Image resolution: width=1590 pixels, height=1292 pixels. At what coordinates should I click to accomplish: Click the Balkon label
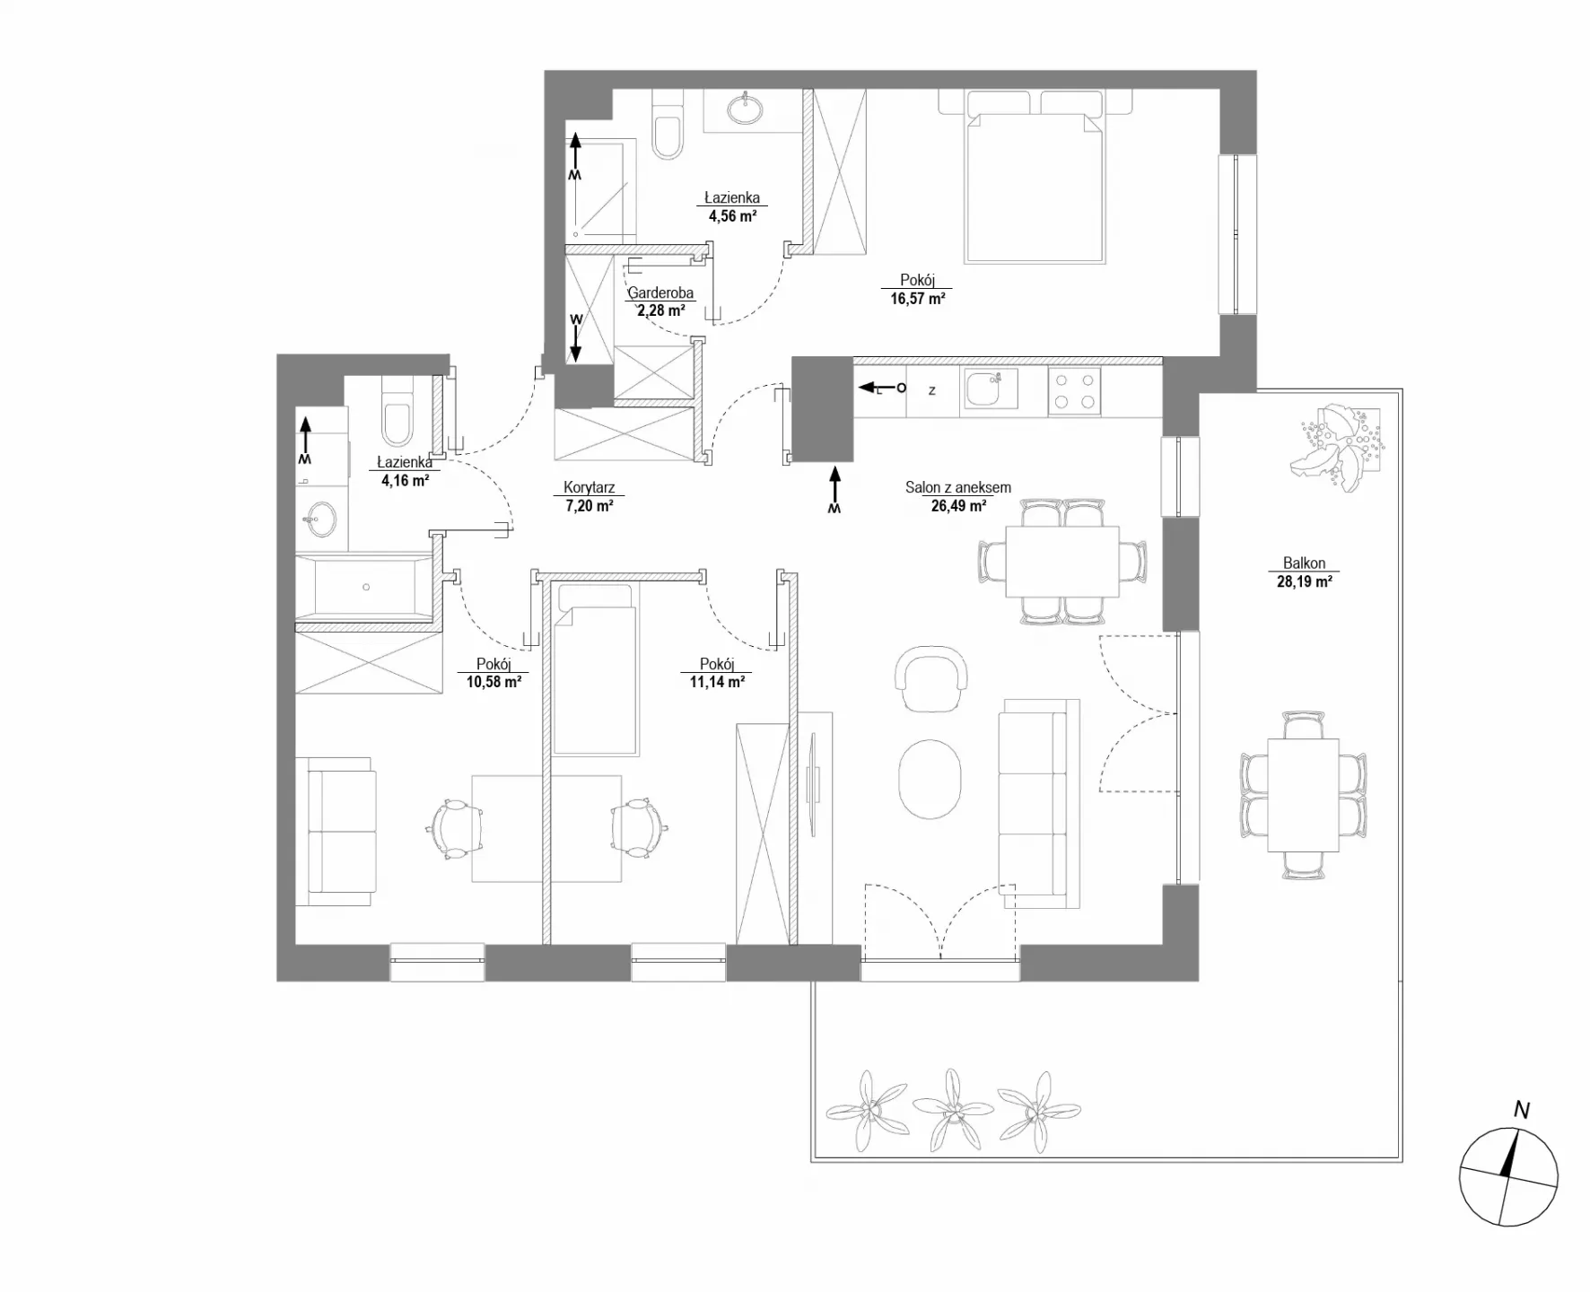[1304, 563]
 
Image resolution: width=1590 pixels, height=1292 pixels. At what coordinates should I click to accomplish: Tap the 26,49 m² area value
[958, 505]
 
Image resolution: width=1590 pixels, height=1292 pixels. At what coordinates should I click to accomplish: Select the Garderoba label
[660, 292]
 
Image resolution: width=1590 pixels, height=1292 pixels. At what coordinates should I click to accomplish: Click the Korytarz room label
[589, 488]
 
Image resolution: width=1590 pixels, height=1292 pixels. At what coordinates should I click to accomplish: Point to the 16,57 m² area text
[917, 299]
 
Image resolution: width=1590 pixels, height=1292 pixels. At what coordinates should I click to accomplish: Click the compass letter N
[1522, 1111]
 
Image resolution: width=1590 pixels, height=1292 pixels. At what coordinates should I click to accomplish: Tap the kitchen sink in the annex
[991, 389]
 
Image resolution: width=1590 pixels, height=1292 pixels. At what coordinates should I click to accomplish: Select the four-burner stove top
[1074, 392]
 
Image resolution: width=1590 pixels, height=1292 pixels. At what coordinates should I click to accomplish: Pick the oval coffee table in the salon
[930, 778]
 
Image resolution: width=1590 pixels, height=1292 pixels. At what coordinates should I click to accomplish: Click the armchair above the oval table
[932, 679]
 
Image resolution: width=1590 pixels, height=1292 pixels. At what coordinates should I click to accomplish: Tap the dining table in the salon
[1062, 562]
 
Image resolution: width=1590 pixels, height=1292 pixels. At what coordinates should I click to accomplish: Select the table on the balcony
[1303, 795]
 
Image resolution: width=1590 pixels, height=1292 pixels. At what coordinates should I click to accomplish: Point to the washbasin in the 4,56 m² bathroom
[746, 109]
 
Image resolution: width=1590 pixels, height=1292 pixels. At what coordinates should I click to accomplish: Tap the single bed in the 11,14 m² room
[596, 669]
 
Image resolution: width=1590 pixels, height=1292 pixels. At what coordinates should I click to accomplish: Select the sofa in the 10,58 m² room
[336, 831]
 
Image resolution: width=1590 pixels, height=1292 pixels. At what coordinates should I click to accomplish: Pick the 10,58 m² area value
[494, 682]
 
